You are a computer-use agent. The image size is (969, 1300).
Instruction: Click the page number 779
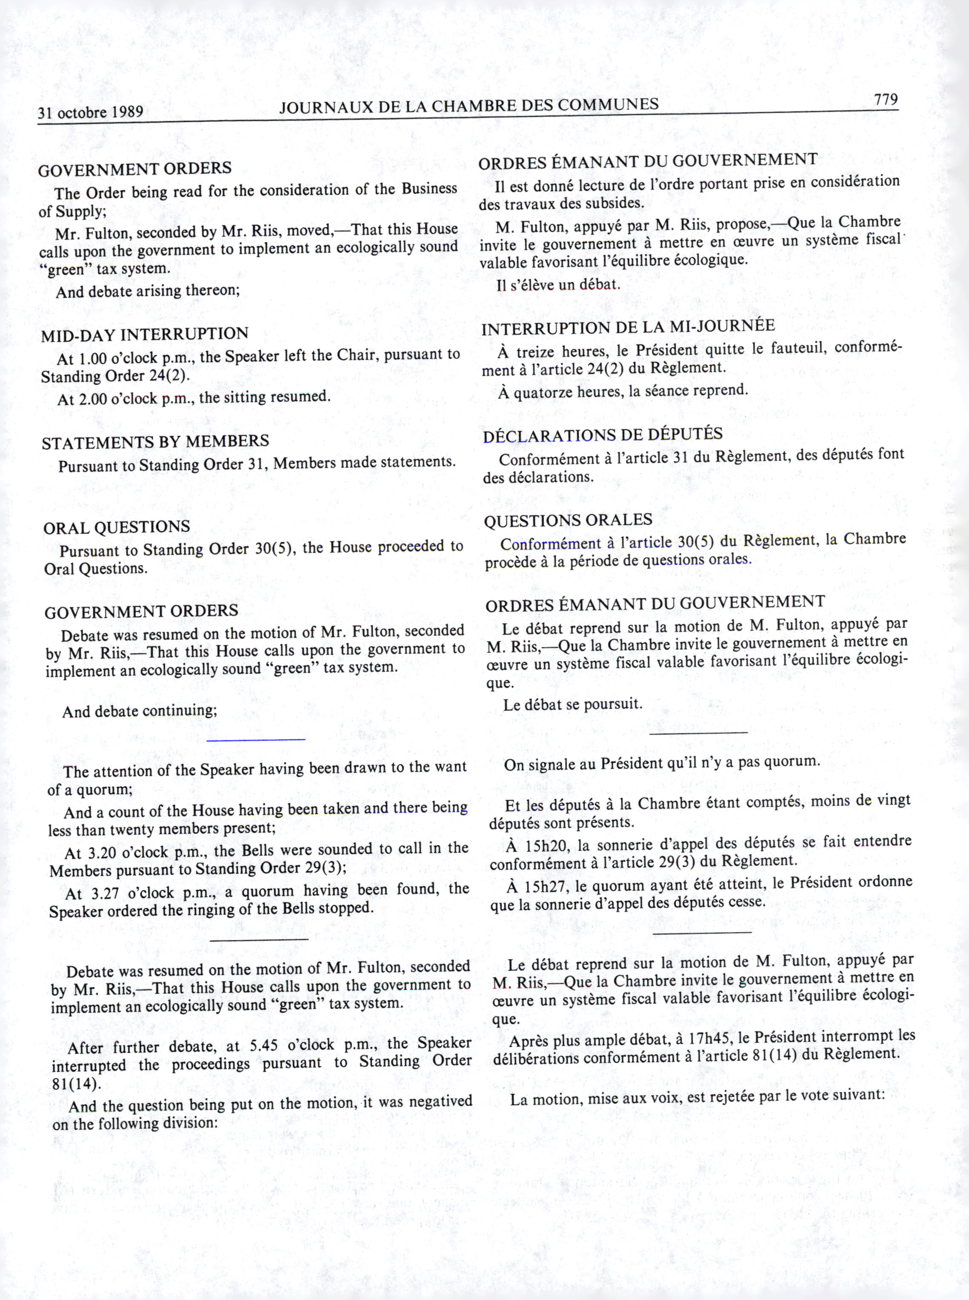tap(886, 100)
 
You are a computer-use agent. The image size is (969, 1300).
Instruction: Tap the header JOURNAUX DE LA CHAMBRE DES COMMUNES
tap(469, 106)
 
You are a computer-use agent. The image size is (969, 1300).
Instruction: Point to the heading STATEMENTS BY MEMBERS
tap(155, 442)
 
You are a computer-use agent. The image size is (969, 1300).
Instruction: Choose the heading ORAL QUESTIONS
tap(117, 527)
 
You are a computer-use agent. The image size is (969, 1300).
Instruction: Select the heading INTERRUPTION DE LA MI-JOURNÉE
tap(628, 327)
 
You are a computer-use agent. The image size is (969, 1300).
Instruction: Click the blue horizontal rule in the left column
tap(256, 739)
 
